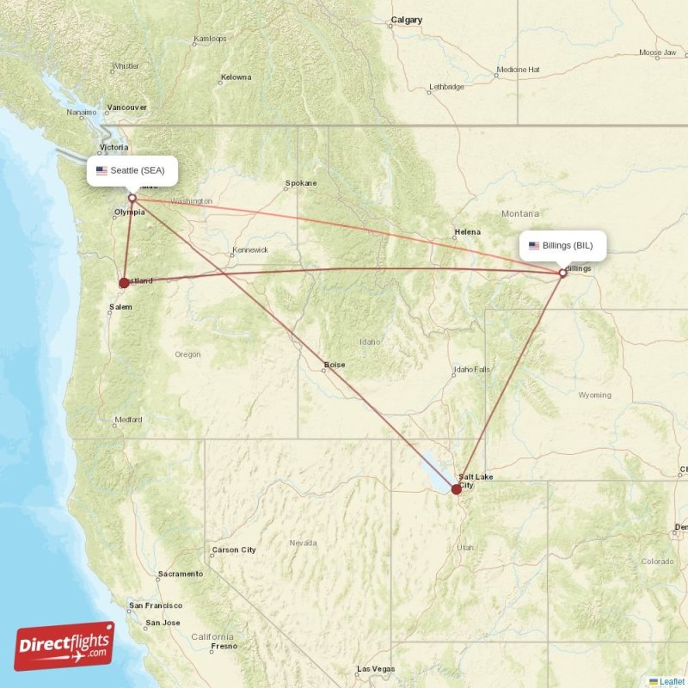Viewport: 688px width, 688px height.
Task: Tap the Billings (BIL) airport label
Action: (562, 245)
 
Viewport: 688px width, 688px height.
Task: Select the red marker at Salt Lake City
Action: (456, 488)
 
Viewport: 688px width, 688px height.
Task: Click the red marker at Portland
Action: (125, 282)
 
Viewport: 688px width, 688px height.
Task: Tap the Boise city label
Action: (335, 365)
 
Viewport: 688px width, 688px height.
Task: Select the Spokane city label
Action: (302, 183)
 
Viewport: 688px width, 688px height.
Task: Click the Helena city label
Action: (468, 232)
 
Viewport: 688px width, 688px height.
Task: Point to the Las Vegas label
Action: (376, 668)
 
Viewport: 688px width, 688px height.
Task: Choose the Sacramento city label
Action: (180, 574)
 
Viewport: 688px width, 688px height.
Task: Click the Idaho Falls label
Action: (473, 370)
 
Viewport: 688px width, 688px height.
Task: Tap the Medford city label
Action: (127, 420)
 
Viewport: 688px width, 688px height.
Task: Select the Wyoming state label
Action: (595, 396)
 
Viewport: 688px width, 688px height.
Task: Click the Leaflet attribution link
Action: (672, 681)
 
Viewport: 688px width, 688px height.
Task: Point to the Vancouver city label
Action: (126, 107)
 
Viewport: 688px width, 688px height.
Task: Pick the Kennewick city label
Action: (249, 250)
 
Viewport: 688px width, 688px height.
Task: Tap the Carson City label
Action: (234, 550)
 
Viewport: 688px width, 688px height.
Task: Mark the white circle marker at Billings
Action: (563, 273)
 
